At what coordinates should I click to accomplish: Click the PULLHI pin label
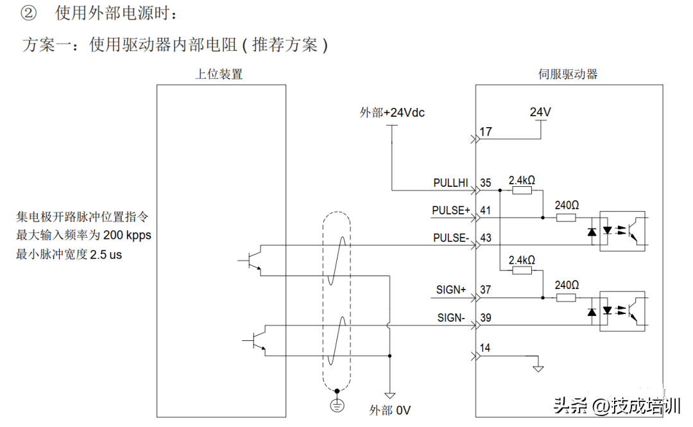pyautogui.click(x=452, y=183)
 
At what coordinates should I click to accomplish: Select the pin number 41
pyautogui.click(x=486, y=210)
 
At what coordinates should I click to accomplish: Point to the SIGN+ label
pyautogui.click(x=452, y=290)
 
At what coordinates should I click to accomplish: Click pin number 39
pyautogui.click(x=486, y=317)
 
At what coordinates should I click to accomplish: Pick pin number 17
pyautogui.click(x=486, y=132)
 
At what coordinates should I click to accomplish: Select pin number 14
pyautogui.click(x=486, y=348)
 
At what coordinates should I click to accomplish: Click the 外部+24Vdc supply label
pyautogui.click(x=391, y=112)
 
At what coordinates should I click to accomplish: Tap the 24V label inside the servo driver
pyautogui.click(x=540, y=112)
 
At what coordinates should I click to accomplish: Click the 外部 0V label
pyautogui.click(x=389, y=410)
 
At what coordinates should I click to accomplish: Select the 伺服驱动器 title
pyautogui.click(x=568, y=74)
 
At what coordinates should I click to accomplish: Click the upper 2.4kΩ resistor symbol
pyautogui.click(x=522, y=190)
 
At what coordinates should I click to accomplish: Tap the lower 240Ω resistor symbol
pyautogui.click(x=566, y=297)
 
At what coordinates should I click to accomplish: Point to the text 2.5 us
pyautogui.click(x=106, y=254)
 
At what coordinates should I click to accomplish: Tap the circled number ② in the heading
pyautogui.click(x=30, y=13)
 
